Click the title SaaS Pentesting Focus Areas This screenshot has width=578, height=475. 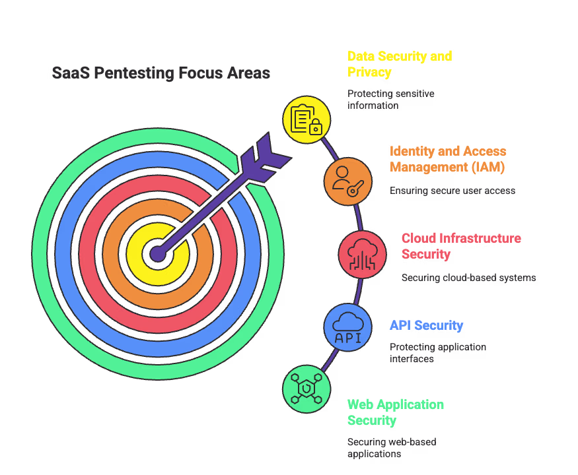pos(161,73)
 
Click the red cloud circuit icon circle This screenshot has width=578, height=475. pos(362,253)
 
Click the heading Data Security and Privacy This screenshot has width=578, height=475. pos(399,64)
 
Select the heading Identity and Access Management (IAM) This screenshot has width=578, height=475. pos(447,159)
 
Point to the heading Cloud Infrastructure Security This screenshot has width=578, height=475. pos(460,246)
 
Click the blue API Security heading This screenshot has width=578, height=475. pos(426,325)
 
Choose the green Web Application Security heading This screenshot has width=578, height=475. pos(395,412)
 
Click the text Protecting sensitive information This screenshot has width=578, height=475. pos(390,100)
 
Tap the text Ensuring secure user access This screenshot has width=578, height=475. pos(452,191)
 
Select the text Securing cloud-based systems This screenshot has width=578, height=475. pos(468,278)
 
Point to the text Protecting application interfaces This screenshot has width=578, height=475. pos(437,353)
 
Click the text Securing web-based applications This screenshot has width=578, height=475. pos(392,448)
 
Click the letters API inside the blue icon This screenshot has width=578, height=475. pos(347,337)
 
